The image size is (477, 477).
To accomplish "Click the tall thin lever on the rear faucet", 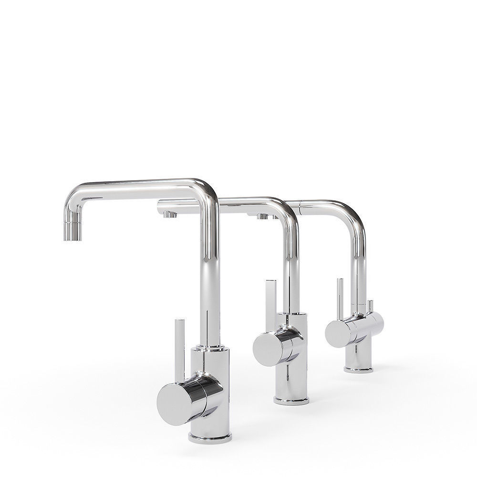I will coord(340,298).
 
